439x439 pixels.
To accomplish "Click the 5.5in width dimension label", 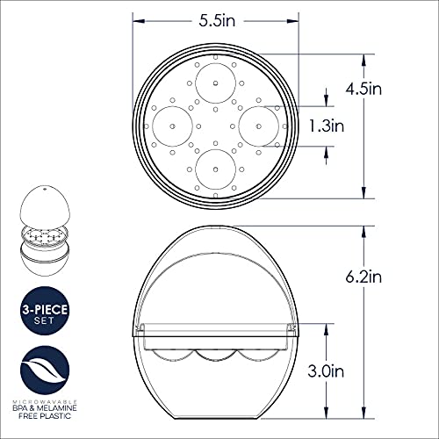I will [x=215, y=18].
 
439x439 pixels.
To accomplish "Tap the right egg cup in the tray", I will [x=257, y=124].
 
